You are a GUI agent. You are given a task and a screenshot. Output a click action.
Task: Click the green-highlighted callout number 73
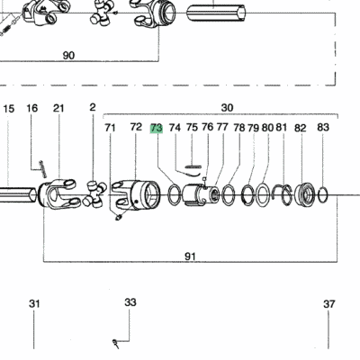pyautogui.click(x=157, y=128)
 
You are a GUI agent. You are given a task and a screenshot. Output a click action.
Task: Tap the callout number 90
pyautogui.click(x=68, y=56)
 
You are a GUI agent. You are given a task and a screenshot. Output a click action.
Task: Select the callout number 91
pyautogui.click(x=190, y=256)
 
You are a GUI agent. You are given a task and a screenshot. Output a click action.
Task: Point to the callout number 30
pyautogui.click(x=227, y=107)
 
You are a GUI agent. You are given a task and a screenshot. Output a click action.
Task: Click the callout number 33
pyautogui.click(x=130, y=302)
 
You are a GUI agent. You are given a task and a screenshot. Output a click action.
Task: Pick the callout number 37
pyautogui.click(x=328, y=304)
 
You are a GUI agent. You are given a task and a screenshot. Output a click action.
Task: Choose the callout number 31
pyautogui.click(x=34, y=303)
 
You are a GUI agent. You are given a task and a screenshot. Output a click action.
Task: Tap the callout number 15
pyautogui.click(x=9, y=109)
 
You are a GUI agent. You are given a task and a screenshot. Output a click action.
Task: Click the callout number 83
pyautogui.click(x=323, y=127)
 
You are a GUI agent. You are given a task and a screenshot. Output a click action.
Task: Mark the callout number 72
pyautogui.click(x=136, y=127)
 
